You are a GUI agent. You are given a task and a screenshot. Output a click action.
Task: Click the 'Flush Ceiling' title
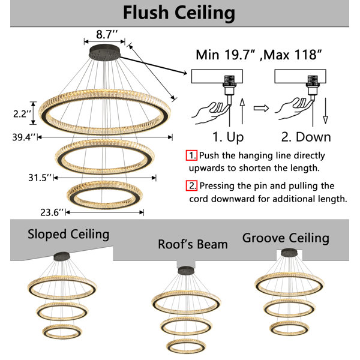[x=179, y=13]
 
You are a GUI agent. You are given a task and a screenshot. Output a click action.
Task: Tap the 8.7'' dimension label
[x=107, y=34]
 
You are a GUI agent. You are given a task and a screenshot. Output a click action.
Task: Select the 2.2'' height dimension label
[x=22, y=113]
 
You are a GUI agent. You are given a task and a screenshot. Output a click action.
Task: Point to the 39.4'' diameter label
[x=24, y=137]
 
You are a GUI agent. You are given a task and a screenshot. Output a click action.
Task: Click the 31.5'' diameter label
[x=40, y=178]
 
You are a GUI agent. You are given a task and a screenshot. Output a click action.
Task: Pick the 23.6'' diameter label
[x=52, y=212]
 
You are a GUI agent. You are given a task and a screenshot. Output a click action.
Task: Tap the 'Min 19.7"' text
[x=226, y=55]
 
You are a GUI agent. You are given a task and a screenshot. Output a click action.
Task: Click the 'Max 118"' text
[x=292, y=55]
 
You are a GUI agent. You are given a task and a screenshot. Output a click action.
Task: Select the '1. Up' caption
[x=228, y=137]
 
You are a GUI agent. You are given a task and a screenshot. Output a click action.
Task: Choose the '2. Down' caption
[x=306, y=137]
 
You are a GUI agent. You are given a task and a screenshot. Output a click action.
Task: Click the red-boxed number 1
[x=191, y=155]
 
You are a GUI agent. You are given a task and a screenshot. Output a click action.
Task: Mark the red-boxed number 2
[x=191, y=185]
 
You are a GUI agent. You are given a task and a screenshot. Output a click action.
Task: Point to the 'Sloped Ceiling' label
[x=68, y=235]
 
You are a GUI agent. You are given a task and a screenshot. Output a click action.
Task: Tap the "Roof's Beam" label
[x=193, y=244]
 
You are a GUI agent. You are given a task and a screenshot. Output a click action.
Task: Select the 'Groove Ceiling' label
[x=286, y=238]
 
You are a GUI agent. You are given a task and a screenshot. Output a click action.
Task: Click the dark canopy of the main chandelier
[x=104, y=52]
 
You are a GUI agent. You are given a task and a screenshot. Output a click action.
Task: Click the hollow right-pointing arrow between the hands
[x=261, y=108]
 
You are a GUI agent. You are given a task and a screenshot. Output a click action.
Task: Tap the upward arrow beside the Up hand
[x=242, y=112]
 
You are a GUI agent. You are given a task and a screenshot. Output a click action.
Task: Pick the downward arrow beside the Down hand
[x=325, y=110]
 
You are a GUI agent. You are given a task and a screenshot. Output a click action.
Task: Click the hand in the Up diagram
[x=210, y=113]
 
